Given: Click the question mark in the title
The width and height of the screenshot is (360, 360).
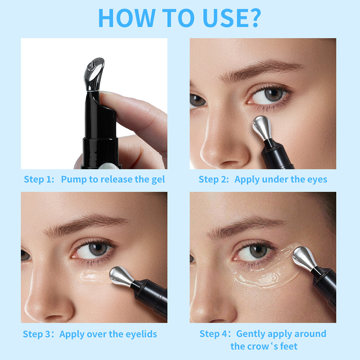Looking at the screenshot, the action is (254, 18).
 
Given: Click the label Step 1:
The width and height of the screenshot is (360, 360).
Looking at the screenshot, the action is (39, 179).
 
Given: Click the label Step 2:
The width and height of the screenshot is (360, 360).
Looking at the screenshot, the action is (214, 179).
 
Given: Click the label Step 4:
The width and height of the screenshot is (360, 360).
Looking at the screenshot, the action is (215, 334).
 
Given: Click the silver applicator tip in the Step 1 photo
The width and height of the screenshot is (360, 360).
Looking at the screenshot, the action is (94, 74).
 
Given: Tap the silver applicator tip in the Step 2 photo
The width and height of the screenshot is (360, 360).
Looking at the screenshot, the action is (262, 128).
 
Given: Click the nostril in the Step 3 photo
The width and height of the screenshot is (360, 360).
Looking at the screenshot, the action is (53, 318).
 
